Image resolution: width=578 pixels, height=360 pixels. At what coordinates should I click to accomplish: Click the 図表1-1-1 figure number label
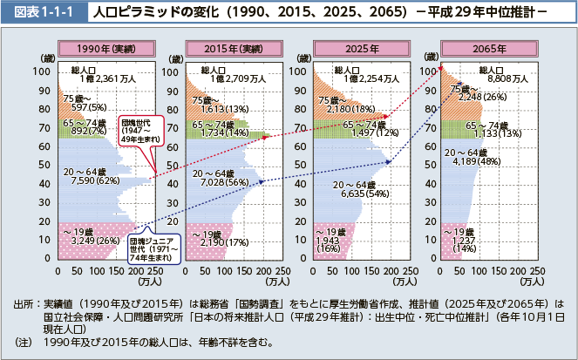point(41,15)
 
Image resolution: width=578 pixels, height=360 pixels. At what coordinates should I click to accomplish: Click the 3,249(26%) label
point(84,240)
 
